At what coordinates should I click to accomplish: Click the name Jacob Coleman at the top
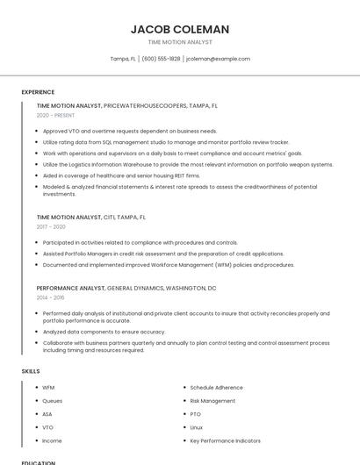[x=180, y=30]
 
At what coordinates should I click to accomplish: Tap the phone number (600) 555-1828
[x=161, y=59]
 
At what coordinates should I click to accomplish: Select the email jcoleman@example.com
[x=218, y=59]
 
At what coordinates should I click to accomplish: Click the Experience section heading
[x=38, y=92]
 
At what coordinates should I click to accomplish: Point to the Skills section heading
[x=31, y=371]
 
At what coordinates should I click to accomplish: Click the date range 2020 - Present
[x=55, y=116]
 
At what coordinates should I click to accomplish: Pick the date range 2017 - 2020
[x=51, y=226]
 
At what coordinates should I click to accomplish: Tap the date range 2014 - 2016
[x=50, y=297]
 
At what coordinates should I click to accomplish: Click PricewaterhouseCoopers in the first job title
[x=145, y=105]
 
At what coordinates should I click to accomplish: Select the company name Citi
[x=110, y=216]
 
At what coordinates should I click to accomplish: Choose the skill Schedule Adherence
[x=216, y=388]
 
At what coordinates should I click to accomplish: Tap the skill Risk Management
[x=212, y=401]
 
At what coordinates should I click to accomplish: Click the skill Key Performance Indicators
[x=225, y=440]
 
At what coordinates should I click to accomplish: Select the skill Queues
[x=52, y=401]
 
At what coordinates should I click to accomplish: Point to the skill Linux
[x=197, y=427]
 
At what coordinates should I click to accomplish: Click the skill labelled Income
[x=52, y=440]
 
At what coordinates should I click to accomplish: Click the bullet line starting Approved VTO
[x=129, y=131]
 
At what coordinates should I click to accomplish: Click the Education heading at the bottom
[x=39, y=462]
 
